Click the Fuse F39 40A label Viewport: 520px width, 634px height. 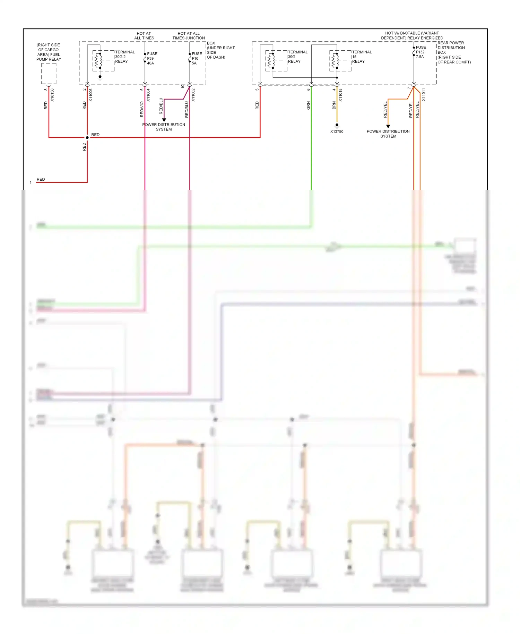pos(152,58)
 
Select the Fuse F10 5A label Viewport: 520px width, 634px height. pos(197,58)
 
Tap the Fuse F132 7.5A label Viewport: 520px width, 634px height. pos(421,52)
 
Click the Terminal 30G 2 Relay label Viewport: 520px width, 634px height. pos(124,57)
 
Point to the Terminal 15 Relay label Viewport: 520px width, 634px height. pos(362,57)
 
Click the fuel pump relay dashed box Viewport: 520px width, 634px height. pos(49,74)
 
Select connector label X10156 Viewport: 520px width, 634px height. pos(52,95)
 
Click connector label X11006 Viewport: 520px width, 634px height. pos(91,95)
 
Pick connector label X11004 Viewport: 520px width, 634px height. pos(148,95)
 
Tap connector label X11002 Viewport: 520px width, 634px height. pos(193,95)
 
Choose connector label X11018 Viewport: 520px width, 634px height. pos(340,95)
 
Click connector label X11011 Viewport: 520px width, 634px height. pos(424,95)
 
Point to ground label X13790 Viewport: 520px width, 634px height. pos(337,132)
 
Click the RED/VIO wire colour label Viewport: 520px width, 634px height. pos(142,109)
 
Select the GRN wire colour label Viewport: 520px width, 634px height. pos(308,106)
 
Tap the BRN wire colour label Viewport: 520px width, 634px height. pos(334,105)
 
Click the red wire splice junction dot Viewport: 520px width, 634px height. pos(87,138)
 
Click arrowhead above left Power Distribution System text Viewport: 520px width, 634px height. pos(164,120)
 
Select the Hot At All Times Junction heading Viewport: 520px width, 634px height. pos(188,36)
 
